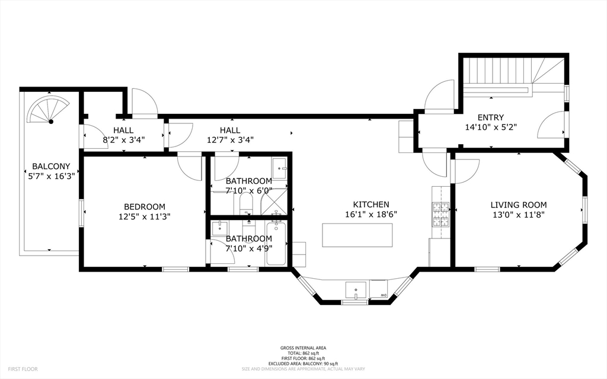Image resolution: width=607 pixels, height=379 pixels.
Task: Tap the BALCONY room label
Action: point(51,166)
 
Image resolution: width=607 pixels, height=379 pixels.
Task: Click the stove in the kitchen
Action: point(440,215)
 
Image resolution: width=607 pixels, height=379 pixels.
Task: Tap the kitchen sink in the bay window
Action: point(355,291)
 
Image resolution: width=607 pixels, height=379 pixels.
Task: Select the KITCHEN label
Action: point(370,204)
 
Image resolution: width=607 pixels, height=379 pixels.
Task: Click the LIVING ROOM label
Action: point(518,205)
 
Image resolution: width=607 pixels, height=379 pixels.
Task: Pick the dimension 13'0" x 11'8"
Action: point(518,215)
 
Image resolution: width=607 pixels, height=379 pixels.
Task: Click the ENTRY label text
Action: point(490,117)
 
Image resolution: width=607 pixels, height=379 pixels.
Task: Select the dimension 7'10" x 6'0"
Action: point(248,190)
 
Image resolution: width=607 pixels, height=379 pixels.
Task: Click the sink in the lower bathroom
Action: point(220,227)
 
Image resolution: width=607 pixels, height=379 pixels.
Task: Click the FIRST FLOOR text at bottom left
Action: point(23,369)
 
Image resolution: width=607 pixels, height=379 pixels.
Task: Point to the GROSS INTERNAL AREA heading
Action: point(303,348)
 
